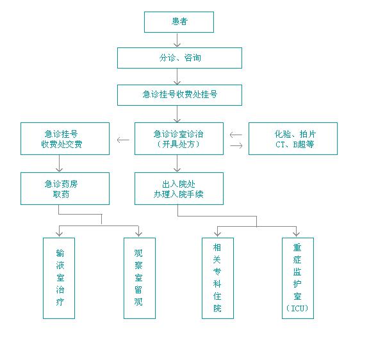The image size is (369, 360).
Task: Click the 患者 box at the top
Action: coord(179,22)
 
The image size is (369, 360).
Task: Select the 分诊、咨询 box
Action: coord(179,58)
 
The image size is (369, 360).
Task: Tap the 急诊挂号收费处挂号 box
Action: coord(179,95)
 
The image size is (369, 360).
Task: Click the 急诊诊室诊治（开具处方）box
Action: coord(179,138)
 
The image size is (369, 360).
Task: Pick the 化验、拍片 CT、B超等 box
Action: coord(293,138)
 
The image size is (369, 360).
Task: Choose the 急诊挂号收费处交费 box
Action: coord(65,138)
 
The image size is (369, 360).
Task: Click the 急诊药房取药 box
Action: coord(65,188)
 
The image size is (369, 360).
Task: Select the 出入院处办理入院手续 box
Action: coord(179,188)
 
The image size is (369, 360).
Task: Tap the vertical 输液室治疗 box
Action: coord(59,278)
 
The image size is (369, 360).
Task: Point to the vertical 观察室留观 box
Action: coord(140,278)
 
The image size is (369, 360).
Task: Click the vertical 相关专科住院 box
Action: coord(218,278)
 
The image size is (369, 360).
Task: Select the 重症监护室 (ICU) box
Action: coord(298,278)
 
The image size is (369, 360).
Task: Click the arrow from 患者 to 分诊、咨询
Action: coord(177,40)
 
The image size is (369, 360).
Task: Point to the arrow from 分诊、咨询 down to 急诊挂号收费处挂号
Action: coord(177,76)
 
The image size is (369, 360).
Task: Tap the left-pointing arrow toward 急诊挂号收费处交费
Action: coord(123,140)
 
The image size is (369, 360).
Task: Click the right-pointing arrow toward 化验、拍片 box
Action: coord(236,146)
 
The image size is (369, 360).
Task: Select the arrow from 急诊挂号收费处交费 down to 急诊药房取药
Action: coord(59,163)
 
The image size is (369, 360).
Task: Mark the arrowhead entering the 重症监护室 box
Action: coord(296,234)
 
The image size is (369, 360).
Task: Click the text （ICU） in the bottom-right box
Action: coord(297,308)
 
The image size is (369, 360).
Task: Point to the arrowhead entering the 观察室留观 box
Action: coord(138,234)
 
